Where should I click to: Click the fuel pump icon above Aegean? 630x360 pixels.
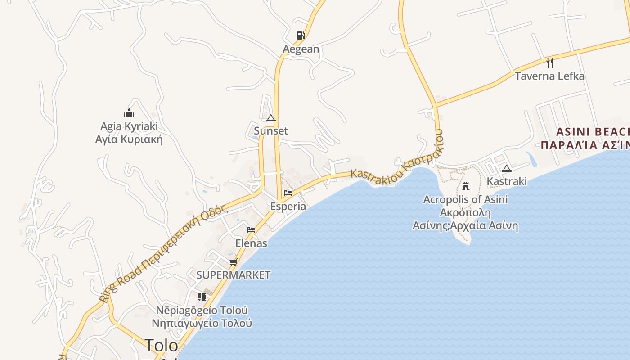pyautogui.click(x=301, y=36)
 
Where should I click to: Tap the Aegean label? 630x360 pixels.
pyautogui.click(x=301, y=49)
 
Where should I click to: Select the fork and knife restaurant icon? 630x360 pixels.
pyautogui.click(x=549, y=63)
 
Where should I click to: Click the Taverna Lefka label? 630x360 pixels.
pyautogui.click(x=549, y=76)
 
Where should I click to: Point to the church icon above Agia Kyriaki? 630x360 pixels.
pyautogui.click(x=129, y=113)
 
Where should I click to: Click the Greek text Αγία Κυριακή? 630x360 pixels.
pyautogui.click(x=129, y=139)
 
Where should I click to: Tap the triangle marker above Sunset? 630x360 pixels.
pyautogui.click(x=270, y=118)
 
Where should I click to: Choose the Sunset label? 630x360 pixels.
pyautogui.click(x=271, y=131)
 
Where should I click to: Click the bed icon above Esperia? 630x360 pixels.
pyautogui.click(x=288, y=193)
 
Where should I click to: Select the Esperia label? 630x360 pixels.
pyautogui.click(x=288, y=207)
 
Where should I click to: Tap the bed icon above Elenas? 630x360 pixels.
pyautogui.click(x=251, y=230)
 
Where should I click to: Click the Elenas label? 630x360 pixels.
pyautogui.click(x=251, y=243)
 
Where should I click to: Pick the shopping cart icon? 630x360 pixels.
pyautogui.click(x=233, y=262)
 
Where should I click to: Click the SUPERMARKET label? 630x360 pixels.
pyautogui.click(x=234, y=275)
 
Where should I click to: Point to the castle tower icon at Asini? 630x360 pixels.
pyautogui.click(x=466, y=185)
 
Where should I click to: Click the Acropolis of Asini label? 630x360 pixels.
pyautogui.click(x=465, y=199)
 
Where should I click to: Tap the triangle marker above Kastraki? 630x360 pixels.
pyautogui.click(x=507, y=169)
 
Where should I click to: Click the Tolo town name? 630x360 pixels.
pyautogui.click(x=161, y=345)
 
